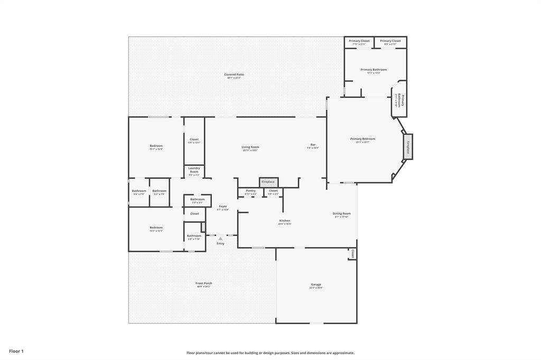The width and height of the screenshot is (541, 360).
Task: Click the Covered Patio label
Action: [x=234, y=75]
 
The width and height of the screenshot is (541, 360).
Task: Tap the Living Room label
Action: [x=250, y=147]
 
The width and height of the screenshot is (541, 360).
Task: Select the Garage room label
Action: [x=315, y=285]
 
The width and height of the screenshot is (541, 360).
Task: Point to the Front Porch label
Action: [x=204, y=283]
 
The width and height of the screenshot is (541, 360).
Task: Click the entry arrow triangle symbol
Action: [x=220, y=239]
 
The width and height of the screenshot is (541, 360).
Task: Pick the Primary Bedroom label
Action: [x=362, y=139]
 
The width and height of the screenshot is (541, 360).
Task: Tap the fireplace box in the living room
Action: [x=268, y=182]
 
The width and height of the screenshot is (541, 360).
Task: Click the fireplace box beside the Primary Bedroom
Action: [x=408, y=146]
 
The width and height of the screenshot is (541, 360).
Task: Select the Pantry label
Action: [x=250, y=191]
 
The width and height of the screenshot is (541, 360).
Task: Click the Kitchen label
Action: [x=284, y=221]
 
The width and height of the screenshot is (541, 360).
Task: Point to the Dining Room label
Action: [x=341, y=214]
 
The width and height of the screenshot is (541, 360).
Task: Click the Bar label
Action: [x=313, y=145]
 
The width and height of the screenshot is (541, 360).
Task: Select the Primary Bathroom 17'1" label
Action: [x=374, y=70]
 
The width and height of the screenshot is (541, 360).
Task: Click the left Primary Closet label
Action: [x=359, y=41]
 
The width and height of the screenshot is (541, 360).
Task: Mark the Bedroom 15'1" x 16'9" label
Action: [x=156, y=146]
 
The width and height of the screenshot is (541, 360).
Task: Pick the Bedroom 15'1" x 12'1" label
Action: [x=156, y=228]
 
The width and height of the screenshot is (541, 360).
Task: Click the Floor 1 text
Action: [x=16, y=351]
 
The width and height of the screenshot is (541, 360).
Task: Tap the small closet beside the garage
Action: [x=352, y=253]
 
